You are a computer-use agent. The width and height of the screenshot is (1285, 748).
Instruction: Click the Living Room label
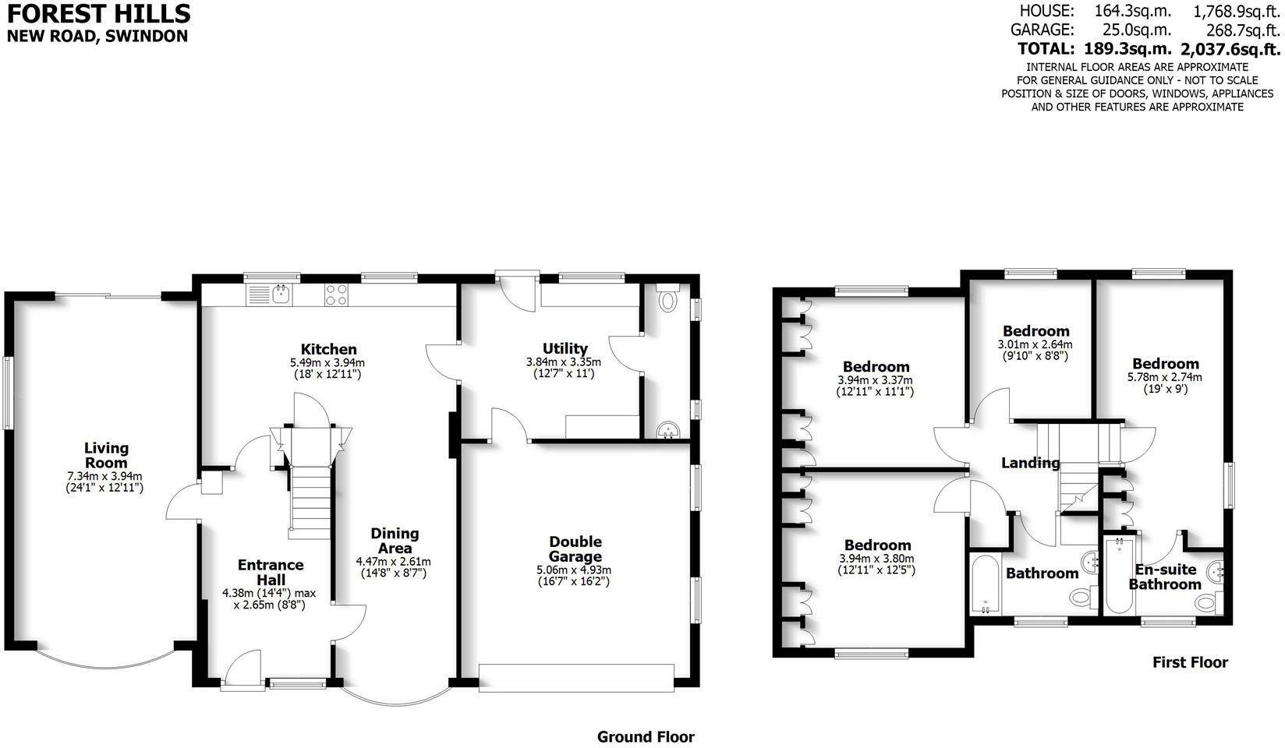[106, 455]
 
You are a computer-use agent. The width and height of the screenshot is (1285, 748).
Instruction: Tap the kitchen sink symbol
[280, 293]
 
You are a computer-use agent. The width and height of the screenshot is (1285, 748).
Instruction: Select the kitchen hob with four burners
[336, 294]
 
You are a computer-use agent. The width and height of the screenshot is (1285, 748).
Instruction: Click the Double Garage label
[575, 549]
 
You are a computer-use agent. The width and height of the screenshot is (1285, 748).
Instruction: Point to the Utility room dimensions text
[563, 368]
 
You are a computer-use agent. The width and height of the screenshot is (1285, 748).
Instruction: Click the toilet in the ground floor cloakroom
[668, 300]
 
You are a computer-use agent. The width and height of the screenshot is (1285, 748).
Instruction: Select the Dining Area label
[394, 541]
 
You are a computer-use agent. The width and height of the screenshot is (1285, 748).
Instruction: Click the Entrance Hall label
[270, 572]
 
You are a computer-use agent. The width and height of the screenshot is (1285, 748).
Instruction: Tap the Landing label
[1030, 463]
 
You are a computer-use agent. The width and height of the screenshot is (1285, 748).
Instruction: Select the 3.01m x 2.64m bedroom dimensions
[1035, 350]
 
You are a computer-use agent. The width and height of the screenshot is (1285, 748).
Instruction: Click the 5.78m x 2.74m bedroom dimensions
[1165, 383]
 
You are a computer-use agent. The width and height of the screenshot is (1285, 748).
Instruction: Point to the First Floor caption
[1190, 662]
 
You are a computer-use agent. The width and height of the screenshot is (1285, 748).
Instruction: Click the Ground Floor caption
[645, 736]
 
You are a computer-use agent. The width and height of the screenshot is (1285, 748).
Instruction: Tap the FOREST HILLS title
[98, 13]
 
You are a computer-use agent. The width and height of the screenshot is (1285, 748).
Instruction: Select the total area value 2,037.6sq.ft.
[1230, 49]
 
